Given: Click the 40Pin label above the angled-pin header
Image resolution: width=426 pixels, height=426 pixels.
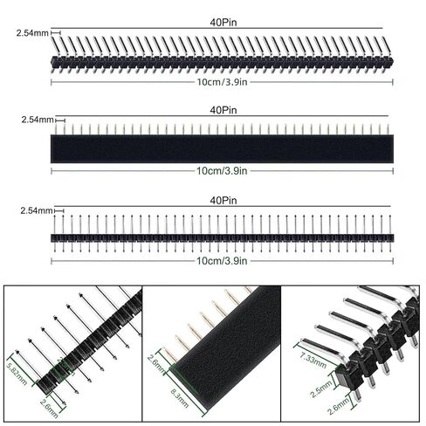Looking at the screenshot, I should tap(219, 21).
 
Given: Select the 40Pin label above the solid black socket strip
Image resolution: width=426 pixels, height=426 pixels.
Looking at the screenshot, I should tap(219, 111).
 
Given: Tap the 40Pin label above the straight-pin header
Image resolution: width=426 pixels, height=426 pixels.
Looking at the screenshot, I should tap(219, 201).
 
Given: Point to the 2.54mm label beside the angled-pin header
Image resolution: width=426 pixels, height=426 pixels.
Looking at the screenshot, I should tap(32, 32).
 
